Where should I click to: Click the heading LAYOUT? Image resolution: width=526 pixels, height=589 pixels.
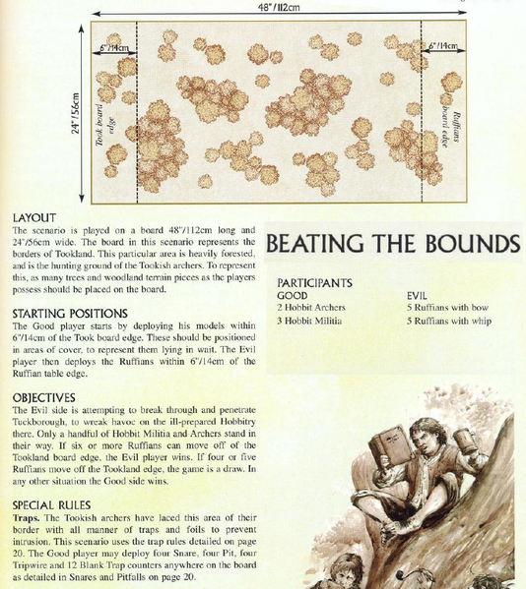34,217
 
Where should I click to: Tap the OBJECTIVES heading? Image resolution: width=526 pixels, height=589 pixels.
45,397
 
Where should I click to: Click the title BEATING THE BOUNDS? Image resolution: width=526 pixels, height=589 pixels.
393,243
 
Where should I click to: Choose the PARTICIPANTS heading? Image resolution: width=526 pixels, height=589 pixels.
314,283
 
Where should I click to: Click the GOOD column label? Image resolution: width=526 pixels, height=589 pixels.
293,295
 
